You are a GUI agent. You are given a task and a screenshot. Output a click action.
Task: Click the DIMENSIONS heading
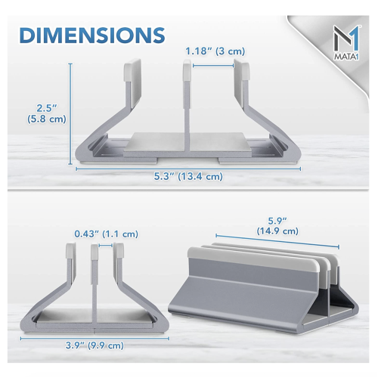click(x=92, y=35)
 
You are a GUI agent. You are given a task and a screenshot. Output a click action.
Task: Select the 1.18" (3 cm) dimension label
click(x=215, y=51)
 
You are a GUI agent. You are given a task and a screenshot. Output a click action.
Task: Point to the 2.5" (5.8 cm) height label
click(x=47, y=113)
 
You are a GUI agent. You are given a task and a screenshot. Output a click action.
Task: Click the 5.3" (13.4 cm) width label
click(x=188, y=176)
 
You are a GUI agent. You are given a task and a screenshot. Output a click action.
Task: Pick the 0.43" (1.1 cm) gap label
click(x=106, y=234)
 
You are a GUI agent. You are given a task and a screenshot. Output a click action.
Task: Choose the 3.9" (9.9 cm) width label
click(x=94, y=345)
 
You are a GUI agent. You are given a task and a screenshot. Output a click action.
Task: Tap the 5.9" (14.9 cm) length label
click(x=277, y=226)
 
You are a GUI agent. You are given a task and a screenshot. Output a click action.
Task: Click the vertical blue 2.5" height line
click(x=70, y=114)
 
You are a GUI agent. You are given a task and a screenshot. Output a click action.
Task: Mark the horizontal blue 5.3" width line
click(x=188, y=169)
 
